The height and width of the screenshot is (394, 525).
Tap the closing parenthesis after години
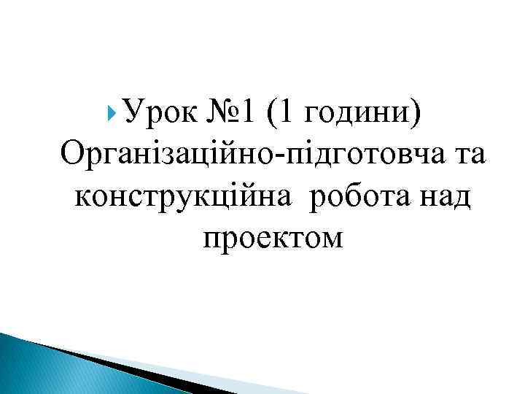[x=416, y=114]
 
